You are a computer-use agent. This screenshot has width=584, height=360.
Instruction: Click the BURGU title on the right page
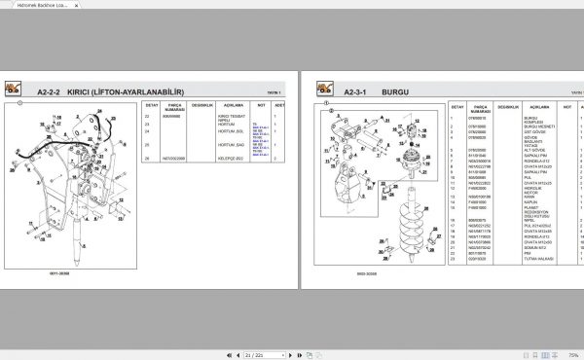coord(395,91)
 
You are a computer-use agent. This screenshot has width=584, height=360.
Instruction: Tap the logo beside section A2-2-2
coord(15,88)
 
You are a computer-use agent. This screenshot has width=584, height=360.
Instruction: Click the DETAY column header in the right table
coord(454,109)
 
